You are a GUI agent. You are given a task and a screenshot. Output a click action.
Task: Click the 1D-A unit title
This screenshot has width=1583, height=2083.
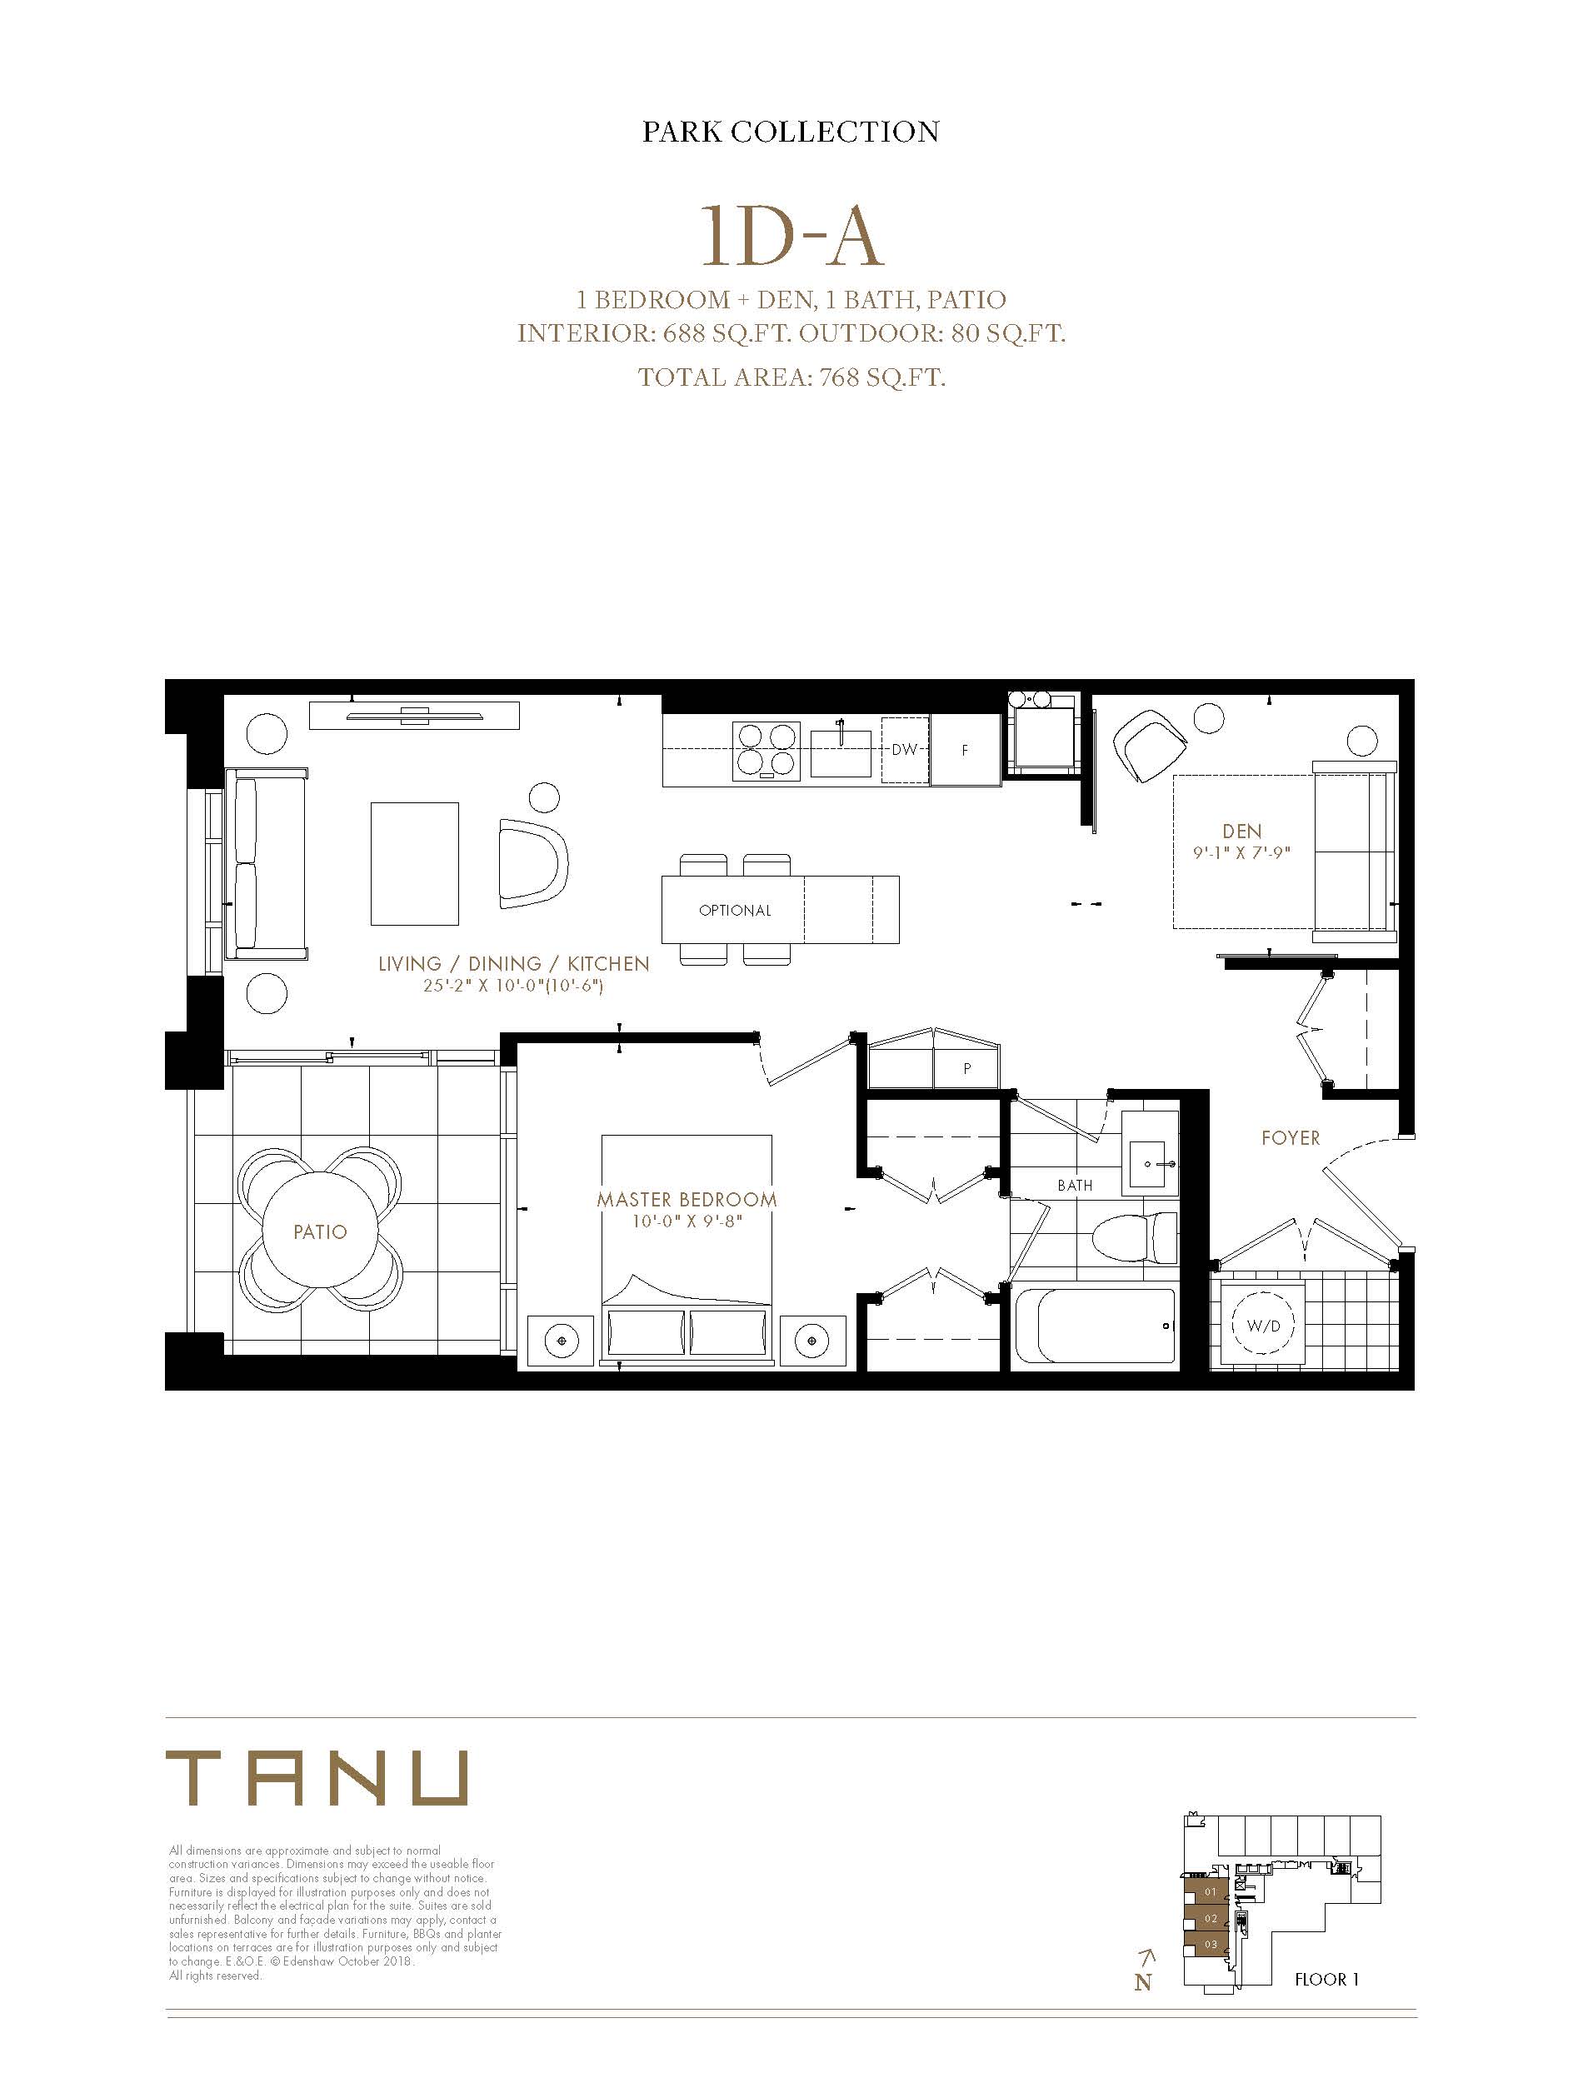point(791,236)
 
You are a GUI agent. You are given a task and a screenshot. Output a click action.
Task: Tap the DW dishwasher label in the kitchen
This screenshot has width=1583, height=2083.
point(904,750)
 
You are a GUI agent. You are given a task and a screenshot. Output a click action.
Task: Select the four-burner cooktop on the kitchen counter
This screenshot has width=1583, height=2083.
point(766,750)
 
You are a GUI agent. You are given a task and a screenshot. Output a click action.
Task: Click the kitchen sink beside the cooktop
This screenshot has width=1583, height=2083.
point(841,748)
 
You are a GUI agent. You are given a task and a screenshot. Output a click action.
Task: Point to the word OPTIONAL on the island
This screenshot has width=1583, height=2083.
point(735,910)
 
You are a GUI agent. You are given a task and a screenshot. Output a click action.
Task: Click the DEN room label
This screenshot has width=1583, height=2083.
point(1242,831)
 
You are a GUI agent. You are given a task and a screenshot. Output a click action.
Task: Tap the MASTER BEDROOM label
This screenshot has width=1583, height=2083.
point(687,1199)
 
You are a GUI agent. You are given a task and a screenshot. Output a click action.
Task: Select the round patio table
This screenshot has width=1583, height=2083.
point(319,1231)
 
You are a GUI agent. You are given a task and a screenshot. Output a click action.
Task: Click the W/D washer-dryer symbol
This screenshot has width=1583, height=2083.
point(1264,1326)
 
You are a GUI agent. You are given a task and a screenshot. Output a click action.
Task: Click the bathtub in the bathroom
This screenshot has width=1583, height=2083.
point(1094,1326)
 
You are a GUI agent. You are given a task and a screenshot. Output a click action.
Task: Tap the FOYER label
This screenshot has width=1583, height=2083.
point(1291,1138)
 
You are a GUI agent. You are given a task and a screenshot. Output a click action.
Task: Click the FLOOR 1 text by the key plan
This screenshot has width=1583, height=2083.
point(1326,1980)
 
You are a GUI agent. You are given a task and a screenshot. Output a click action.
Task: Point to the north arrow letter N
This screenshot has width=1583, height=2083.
point(1143,1982)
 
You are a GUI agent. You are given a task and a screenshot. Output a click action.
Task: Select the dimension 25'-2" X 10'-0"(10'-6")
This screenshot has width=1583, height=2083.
point(513,987)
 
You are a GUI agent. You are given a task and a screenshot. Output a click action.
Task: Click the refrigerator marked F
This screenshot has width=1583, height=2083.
point(966,750)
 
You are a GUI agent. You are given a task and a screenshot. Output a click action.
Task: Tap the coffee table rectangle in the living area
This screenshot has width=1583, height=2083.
point(415,864)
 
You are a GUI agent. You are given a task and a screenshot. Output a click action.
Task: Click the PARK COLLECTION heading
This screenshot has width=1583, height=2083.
point(791,131)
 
